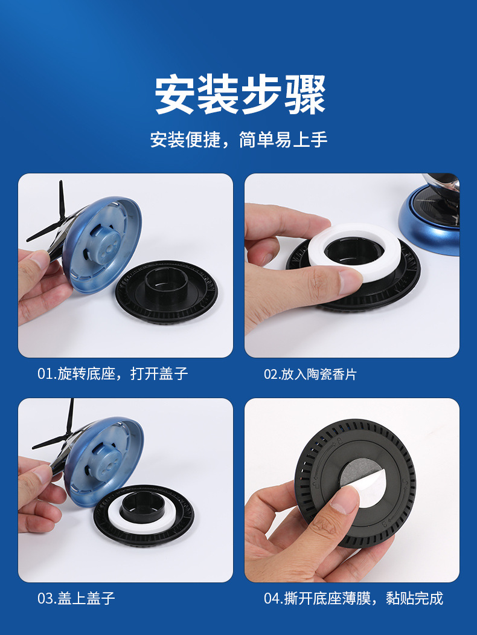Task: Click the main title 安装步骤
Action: (240, 95)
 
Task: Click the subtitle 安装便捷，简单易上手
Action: (238, 140)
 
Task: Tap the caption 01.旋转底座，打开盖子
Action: (113, 373)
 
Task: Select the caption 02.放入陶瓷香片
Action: (310, 374)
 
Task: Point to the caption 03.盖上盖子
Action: (76, 598)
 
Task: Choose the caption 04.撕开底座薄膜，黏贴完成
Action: (354, 598)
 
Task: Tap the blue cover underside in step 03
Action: (104, 462)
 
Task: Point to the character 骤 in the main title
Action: (305, 95)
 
